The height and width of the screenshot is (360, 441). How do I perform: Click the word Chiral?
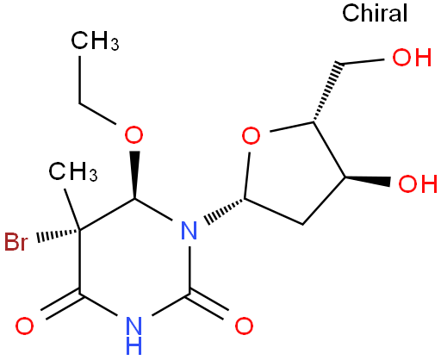(375, 13)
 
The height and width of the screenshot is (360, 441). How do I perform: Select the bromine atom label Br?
(16, 242)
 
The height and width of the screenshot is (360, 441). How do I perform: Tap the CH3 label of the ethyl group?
(95, 41)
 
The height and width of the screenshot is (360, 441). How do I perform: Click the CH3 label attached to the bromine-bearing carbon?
(73, 171)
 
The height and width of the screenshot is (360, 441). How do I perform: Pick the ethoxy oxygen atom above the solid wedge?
(134, 134)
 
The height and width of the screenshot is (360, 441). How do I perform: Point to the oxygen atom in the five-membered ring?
(251, 135)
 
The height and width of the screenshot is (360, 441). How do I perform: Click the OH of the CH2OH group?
(412, 57)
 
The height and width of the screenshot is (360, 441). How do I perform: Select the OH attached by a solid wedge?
(418, 183)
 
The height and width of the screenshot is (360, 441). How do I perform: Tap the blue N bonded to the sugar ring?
(189, 230)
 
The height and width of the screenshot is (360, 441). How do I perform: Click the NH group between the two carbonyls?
(134, 335)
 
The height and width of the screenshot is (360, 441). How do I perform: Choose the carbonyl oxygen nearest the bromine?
(24, 326)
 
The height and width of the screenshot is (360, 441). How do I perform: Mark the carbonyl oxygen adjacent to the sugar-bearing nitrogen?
(244, 326)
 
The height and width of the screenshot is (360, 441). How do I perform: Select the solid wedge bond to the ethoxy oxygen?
(134, 175)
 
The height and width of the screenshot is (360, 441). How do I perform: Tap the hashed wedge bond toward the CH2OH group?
(328, 91)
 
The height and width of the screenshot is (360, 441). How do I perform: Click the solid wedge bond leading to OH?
(368, 180)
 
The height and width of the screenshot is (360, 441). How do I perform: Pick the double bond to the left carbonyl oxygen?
(61, 306)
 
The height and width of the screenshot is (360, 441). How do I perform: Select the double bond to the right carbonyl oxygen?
(208, 305)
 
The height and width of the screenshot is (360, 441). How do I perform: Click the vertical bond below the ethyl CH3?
(79, 79)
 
